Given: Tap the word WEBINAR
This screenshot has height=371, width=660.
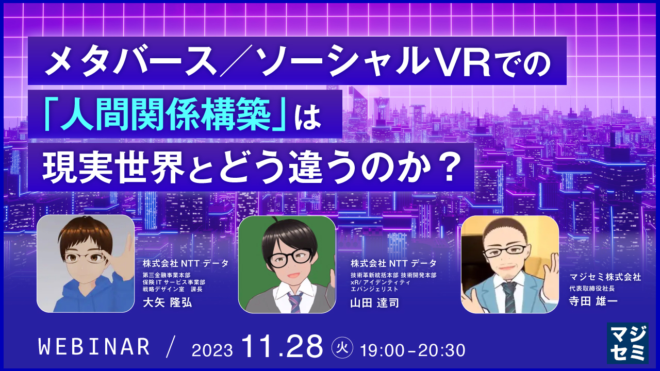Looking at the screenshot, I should [94, 347].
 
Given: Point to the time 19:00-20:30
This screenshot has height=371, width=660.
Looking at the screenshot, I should [414, 349].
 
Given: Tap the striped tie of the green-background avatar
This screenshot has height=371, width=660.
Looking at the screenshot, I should [295, 302].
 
